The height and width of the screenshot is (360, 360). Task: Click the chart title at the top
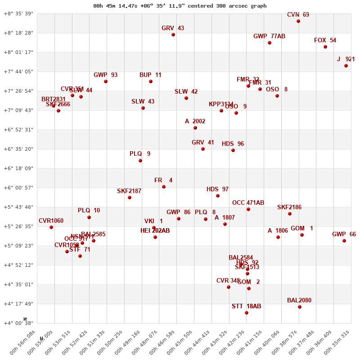(180, 6)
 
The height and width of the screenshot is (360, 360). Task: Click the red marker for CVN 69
(298, 21)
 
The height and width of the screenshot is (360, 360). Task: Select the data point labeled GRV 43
(173, 35)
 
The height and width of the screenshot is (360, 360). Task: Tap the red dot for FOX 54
(325, 47)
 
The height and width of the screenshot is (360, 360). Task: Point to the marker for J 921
(346, 66)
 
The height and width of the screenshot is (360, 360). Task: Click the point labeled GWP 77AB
(270, 43)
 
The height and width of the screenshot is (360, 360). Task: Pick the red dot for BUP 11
(151, 81)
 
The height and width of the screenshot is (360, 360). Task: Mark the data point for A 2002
(195, 128)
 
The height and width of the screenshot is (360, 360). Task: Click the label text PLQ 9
(140, 154)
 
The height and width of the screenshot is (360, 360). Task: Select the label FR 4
(163, 180)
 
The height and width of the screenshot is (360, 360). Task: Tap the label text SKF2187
(129, 191)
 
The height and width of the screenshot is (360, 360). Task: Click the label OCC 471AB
(248, 203)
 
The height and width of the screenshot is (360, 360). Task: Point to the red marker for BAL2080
(300, 307)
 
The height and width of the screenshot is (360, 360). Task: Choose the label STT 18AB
(246, 306)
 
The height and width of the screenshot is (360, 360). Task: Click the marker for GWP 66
(344, 241)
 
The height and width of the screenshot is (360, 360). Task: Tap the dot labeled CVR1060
(51, 227)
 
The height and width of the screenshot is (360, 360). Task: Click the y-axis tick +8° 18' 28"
(18, 33)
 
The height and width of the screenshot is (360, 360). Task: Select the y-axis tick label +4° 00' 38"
(18, 323)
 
